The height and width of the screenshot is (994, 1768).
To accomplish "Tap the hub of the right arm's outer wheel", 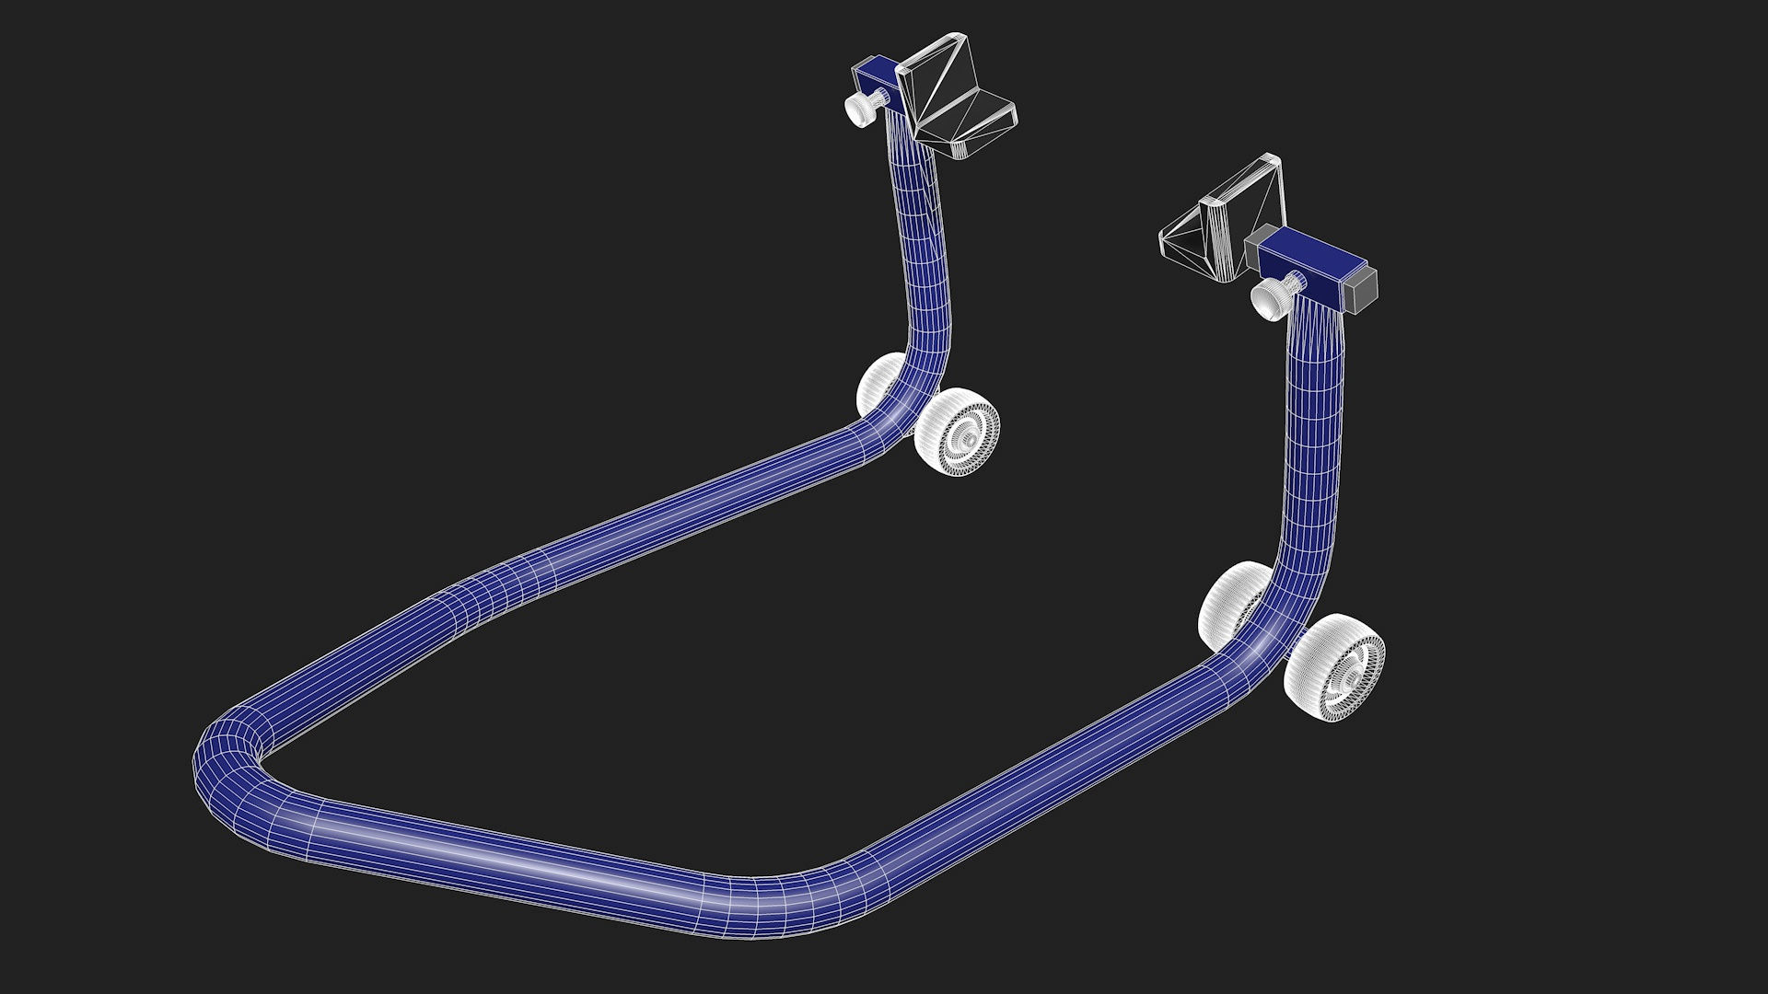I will (1350, 679).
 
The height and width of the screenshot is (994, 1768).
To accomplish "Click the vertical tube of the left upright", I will (921, 248).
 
